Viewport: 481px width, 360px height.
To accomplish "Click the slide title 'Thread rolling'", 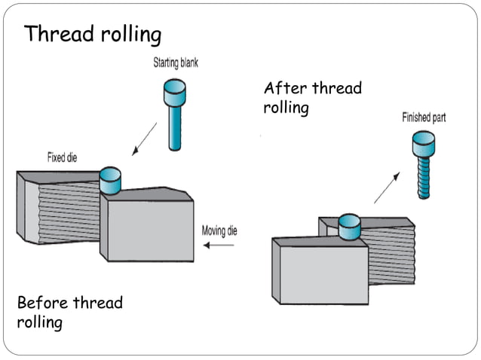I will (93, 34).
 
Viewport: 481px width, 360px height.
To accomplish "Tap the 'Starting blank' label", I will (176, 63).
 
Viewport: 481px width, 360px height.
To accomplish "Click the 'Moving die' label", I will (219, 230).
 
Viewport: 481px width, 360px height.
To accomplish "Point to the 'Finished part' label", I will (424, 117).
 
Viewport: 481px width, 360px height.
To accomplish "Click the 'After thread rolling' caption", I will (312, 98).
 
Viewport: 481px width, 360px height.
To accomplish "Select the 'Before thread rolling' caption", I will (69, 313).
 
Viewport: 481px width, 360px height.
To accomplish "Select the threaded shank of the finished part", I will (424, 177).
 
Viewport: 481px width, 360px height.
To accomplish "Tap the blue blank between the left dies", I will (111, 180).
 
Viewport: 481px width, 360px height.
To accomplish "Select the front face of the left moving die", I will (151, 230).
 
